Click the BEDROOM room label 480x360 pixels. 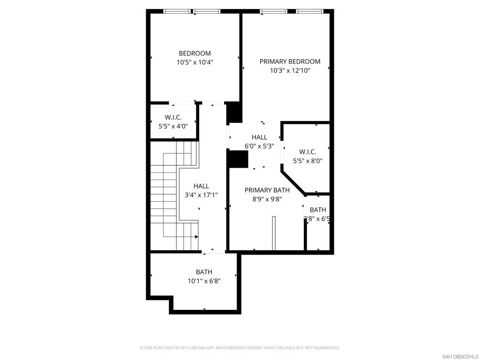[195, 53]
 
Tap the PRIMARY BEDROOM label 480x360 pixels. [290, 61]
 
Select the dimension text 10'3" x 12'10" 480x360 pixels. [290, 71]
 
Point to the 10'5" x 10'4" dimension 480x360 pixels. [195, 62]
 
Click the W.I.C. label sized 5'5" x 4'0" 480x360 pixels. [173, 117]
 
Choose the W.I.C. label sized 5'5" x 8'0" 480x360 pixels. [307, 152]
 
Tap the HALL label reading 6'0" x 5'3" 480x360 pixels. [259, 137]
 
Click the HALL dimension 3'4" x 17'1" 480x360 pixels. [202, 195]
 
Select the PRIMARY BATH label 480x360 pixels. [267, 190]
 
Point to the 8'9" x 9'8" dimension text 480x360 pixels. [267, 199]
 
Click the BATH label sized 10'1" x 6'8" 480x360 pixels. [204, 272]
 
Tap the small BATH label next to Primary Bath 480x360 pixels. [318, 210]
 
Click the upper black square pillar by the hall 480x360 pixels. [234, 113]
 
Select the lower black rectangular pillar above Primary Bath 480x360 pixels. [237, 158]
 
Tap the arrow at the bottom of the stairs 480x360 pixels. [196, 237]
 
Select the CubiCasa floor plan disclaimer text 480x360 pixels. [240, 348]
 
